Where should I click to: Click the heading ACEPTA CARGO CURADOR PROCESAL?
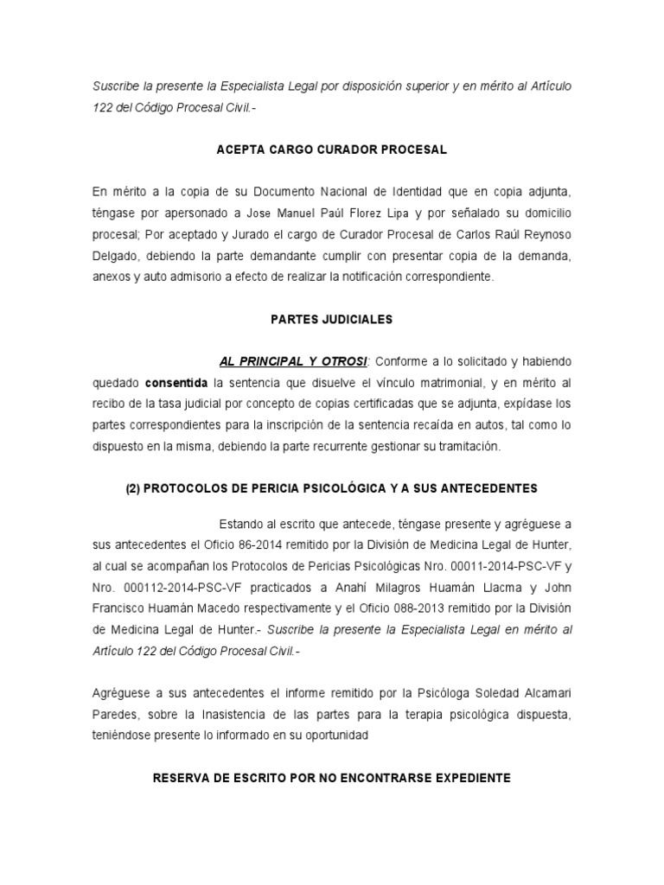[331, 150]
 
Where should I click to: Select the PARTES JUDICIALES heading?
[331, 320]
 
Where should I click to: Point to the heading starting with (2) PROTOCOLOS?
[331, 488]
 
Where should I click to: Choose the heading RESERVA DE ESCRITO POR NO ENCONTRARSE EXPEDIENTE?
[331, 778]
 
